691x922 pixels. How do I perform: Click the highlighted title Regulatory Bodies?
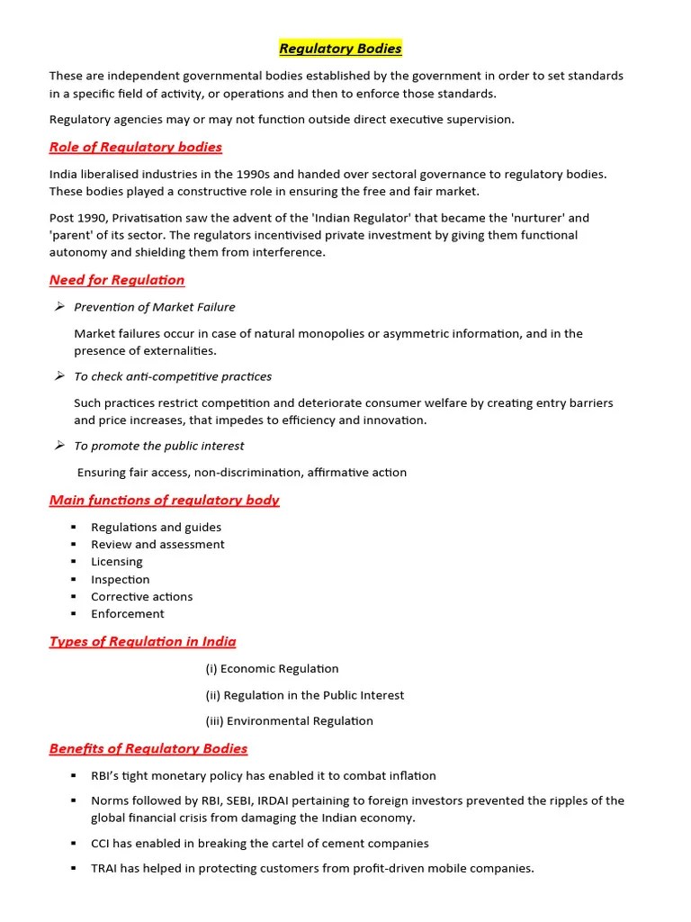tap(340, 49)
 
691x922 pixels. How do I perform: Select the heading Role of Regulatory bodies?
tap(135, 147)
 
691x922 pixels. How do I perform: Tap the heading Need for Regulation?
tap(117, 280)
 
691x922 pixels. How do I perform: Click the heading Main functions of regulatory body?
tap(164, 501)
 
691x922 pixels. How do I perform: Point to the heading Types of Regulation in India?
tap(142, 642)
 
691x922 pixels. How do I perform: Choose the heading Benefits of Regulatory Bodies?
tap(148, 748)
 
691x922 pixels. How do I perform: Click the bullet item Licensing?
tap(116, 562)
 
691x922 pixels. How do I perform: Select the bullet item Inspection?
tap(120, 579)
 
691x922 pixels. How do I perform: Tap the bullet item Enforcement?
tap(127, 614)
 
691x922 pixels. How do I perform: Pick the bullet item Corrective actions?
tap(141, 596)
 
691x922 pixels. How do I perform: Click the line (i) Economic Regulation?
tap(272, 669)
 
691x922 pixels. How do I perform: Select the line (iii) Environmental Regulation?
tap(288, 721)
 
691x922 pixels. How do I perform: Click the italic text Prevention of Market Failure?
tap(154, 307)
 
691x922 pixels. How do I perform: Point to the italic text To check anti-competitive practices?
tap(172, 376)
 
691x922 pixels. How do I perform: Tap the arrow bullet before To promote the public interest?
tap(59, 446)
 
